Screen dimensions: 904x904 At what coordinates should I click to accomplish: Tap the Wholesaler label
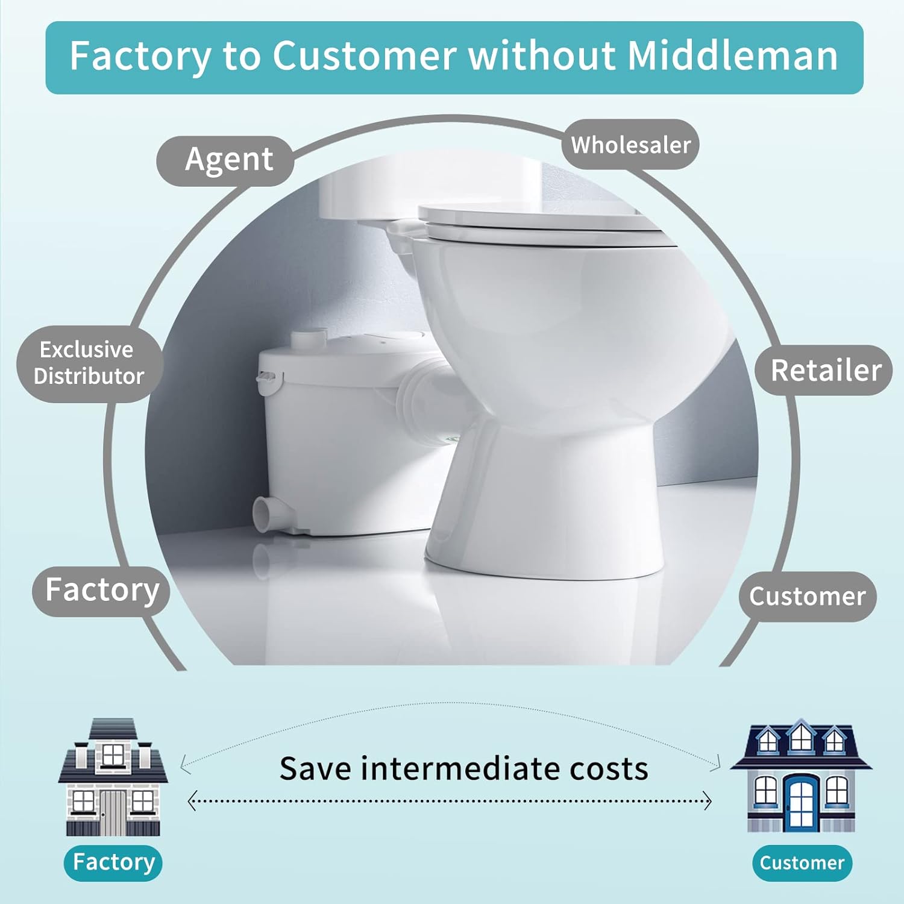630,145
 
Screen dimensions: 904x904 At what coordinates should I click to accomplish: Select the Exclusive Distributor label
89,363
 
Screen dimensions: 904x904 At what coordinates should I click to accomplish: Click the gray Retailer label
824,370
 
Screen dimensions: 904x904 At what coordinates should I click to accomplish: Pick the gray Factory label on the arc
101,591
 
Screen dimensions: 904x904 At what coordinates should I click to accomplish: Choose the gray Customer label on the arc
808,597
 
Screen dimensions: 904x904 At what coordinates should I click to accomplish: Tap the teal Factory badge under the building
113,862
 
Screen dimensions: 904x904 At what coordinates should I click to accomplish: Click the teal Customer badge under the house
802,863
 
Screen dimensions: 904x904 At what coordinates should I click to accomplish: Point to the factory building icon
113,777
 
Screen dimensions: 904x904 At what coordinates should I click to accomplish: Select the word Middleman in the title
732,56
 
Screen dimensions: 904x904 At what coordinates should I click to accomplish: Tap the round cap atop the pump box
309,337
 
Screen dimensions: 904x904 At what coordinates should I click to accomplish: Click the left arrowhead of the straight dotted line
192,802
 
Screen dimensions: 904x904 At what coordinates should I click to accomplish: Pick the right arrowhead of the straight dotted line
708,802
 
